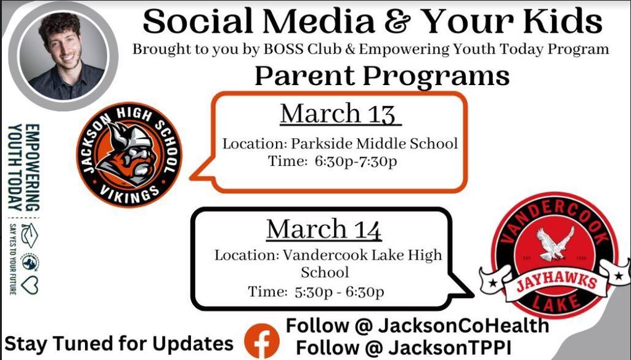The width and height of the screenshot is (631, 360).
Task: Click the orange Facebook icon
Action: point(262,341)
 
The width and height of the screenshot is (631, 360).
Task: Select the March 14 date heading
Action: point(324,229)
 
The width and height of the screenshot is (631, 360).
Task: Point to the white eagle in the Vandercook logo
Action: point(555,243)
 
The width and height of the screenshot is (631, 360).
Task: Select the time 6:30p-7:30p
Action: point(356,162)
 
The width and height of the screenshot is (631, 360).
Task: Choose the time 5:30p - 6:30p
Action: point(340,292)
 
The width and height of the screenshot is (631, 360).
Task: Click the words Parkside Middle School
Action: point(374,144)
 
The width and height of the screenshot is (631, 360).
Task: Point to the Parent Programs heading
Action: point(382,76)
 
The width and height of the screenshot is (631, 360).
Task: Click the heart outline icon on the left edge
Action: point(30,285)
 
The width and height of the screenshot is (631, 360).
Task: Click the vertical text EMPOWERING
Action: point(32,167)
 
